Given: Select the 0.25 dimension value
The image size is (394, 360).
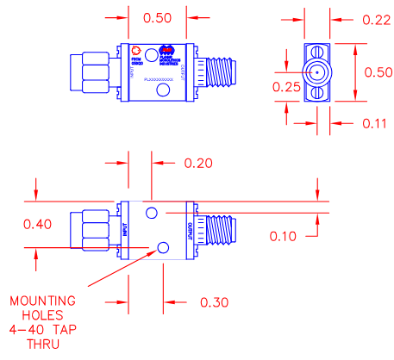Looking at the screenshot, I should click(286, 87).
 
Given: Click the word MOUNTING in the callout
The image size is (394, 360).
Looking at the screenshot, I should click(42, 301).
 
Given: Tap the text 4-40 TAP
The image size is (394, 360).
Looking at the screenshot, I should click(42, 329).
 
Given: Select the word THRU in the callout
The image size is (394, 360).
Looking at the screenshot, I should click(42, 343).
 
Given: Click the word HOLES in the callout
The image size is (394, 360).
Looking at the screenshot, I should click(42, 314).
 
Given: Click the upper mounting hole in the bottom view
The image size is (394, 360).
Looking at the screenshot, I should click(152, 212).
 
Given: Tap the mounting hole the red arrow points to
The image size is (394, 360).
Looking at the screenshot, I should click(163, 248).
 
